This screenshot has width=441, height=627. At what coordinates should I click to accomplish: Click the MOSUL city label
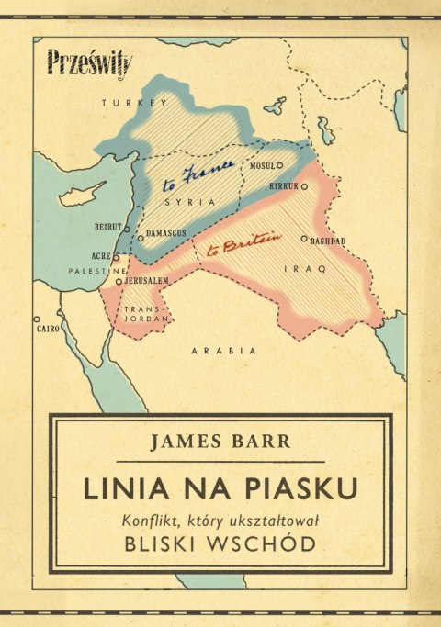(x=262, y=165)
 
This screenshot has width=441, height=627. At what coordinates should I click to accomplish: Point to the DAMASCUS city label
(x=165, y=234)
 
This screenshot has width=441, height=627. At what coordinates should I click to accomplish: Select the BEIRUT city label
(x=107, y=225)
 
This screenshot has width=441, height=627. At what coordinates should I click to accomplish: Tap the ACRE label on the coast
(x=103, y=257)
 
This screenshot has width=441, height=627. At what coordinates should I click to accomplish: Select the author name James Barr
(x=220, y=442)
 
